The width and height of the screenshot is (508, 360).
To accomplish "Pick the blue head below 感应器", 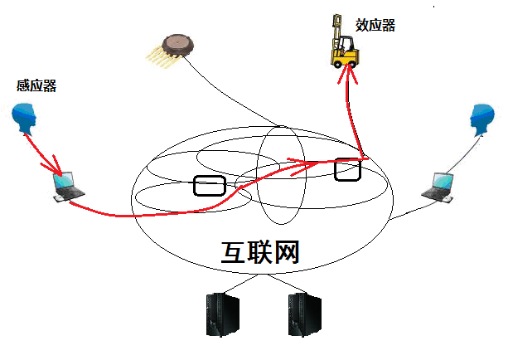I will [x=25, y=119].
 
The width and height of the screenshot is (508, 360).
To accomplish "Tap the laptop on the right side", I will [x=439, y=186].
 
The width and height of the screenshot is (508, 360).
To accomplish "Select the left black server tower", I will [x=220, y=314].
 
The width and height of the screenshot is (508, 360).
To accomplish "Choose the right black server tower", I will [x=305, y=314].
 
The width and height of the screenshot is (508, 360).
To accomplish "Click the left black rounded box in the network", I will [x=208, y=185].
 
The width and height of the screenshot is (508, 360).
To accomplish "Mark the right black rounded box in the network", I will [x=348, y=169].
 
